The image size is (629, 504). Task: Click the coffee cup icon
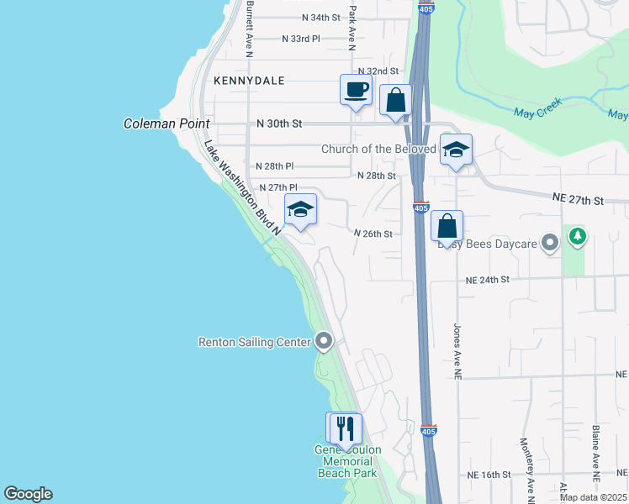355,89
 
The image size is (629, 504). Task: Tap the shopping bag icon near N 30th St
395,100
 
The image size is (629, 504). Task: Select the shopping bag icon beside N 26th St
447,225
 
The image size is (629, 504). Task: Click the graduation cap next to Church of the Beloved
456,150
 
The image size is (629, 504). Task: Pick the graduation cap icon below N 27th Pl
300,209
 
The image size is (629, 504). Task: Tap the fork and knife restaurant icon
345,428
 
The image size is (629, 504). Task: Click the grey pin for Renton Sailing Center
324,340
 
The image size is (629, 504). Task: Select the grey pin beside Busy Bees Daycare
551,244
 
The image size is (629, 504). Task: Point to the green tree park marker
577,238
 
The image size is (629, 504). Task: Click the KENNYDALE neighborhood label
249,81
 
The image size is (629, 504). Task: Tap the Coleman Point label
166,123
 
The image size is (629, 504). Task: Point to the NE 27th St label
579,199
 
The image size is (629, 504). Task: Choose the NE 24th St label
489,281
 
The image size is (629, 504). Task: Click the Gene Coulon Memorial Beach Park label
348,461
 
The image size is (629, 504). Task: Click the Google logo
28,494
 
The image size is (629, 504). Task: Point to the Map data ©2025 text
593,497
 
